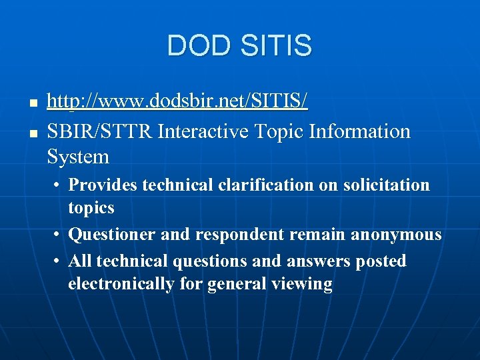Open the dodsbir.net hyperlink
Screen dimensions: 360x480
pos(177,103)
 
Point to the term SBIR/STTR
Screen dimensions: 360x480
pos(101,132)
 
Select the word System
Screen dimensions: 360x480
pos(78,157)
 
